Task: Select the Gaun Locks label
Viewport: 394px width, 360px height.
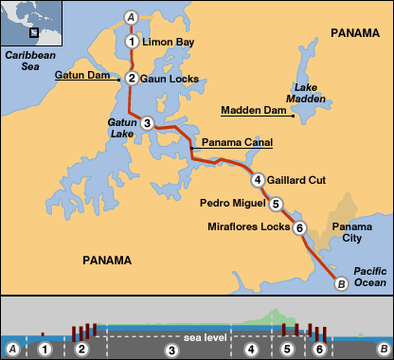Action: click(170, 79)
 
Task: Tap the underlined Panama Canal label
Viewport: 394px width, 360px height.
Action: click(237, 142)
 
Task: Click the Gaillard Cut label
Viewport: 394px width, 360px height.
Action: click(296, 180)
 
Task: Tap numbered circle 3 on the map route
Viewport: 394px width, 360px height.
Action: click(147, 123)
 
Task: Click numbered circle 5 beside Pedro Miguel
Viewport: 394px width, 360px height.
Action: click(276, 203)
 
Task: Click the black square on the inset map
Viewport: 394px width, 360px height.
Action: click(34, 31)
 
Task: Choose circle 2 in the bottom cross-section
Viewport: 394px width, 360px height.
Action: click(82, 350)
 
